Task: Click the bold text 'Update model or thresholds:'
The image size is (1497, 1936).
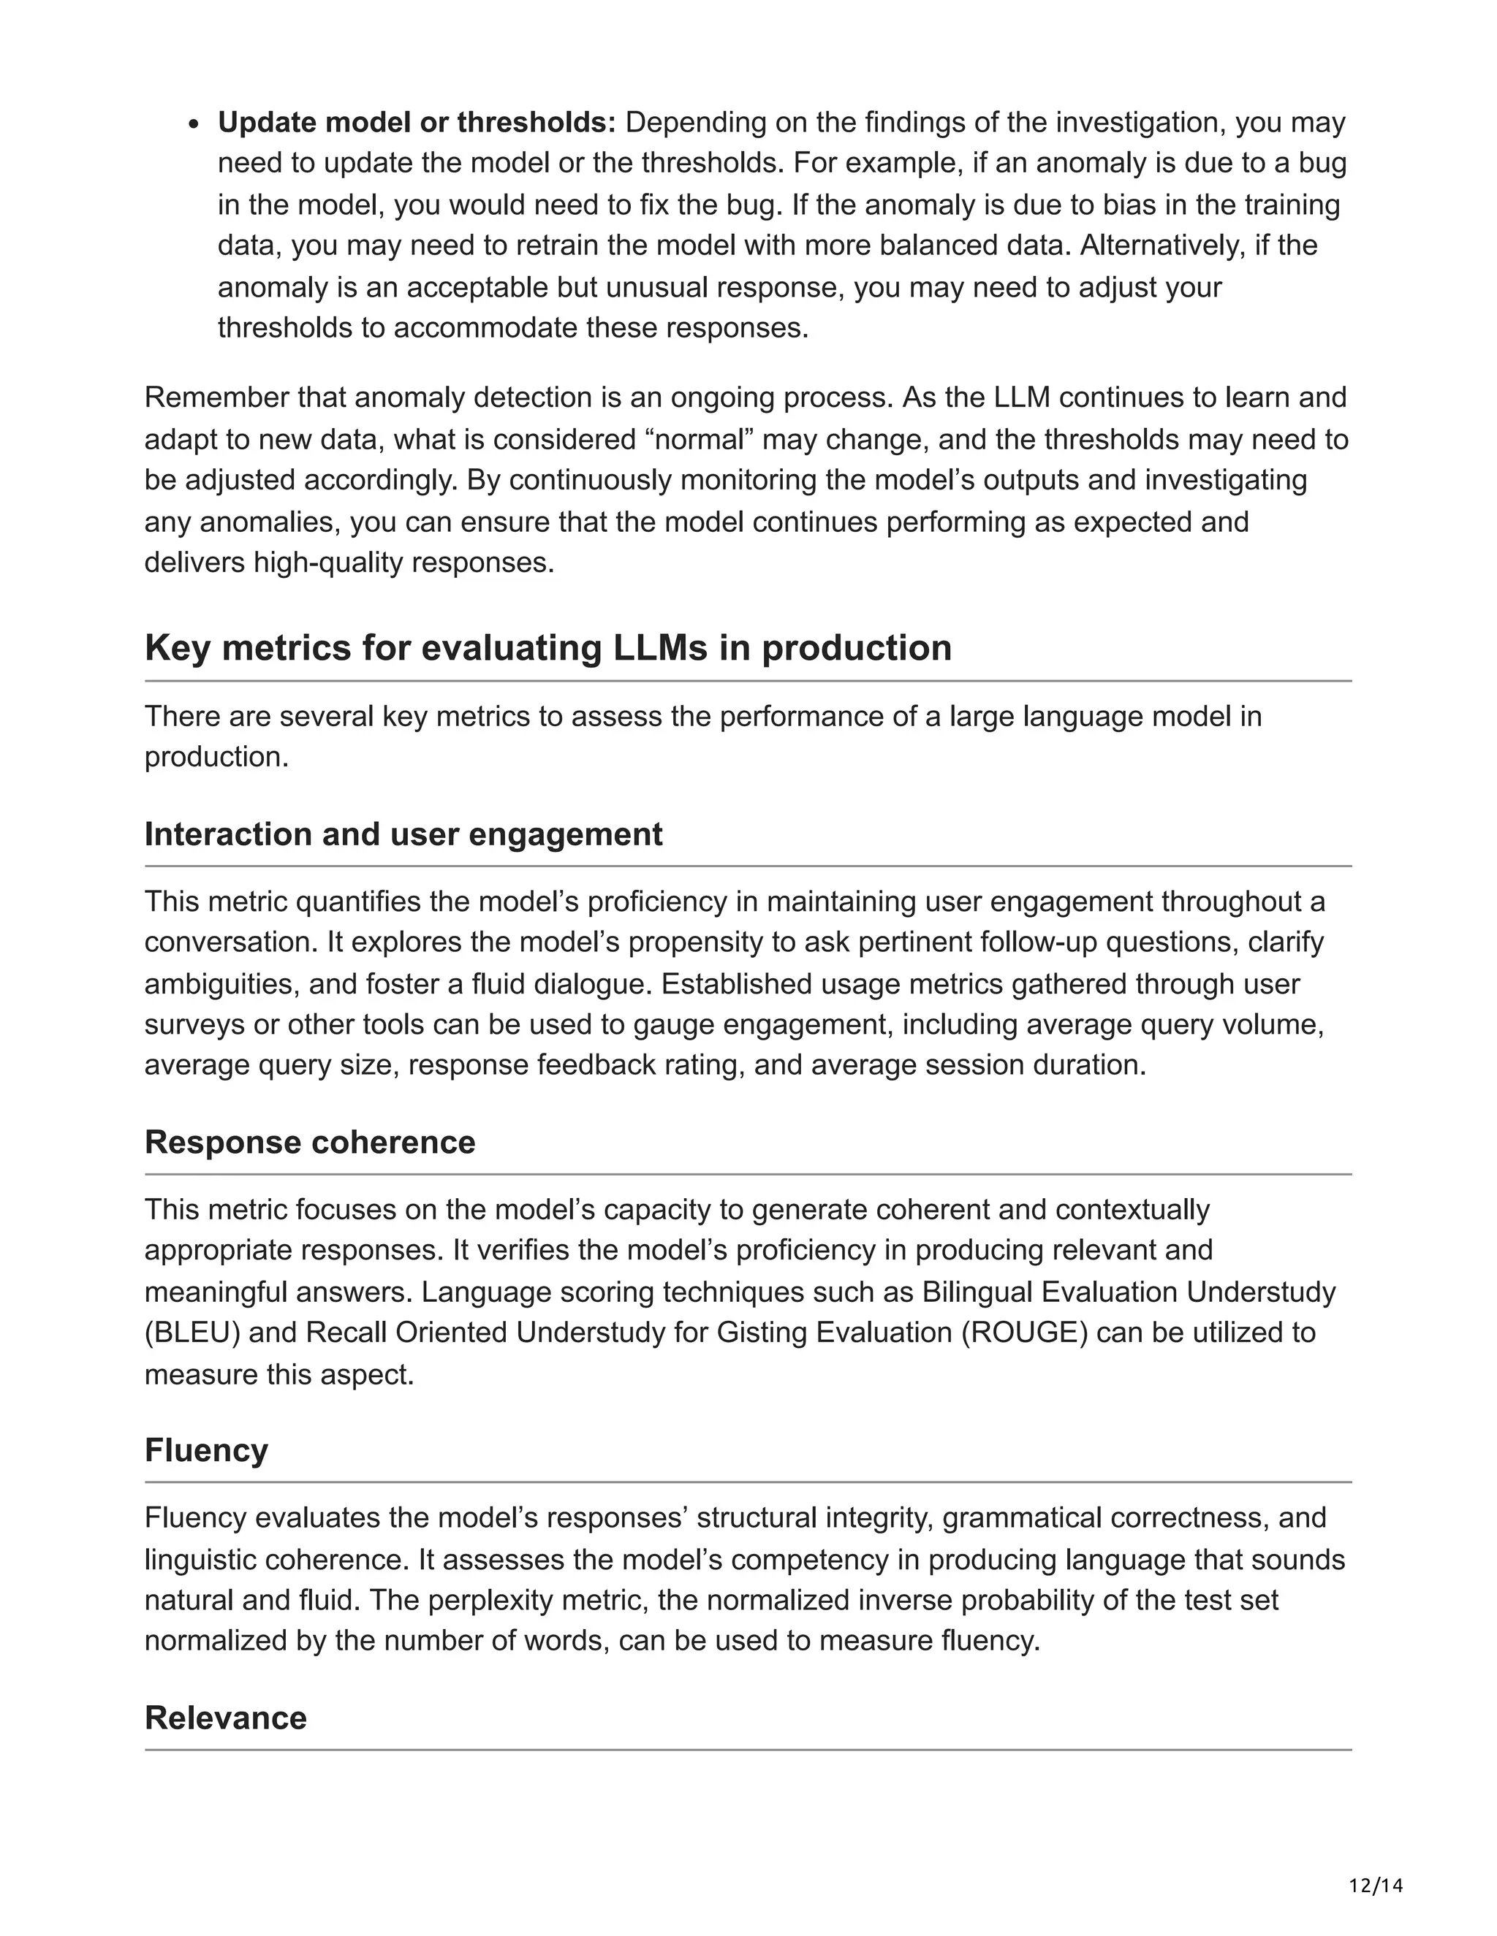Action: pyautogui.click(x=417, y=122)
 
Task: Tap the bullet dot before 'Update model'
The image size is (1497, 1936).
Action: pyautogui.click(x=196, y=124)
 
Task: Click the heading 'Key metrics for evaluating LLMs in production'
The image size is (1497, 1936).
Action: pyautogui.click(x=547, y=648)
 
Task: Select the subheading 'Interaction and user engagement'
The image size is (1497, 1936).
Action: pyautogui.click(x=403, y=834)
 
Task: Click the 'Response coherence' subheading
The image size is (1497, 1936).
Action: pyautogui.click(x=309, y=1142)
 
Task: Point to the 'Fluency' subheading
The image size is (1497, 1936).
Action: pyautogui.click(x=205, y=1449)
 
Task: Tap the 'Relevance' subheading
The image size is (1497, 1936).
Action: pyautogui.click(x=225, y=1718)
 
